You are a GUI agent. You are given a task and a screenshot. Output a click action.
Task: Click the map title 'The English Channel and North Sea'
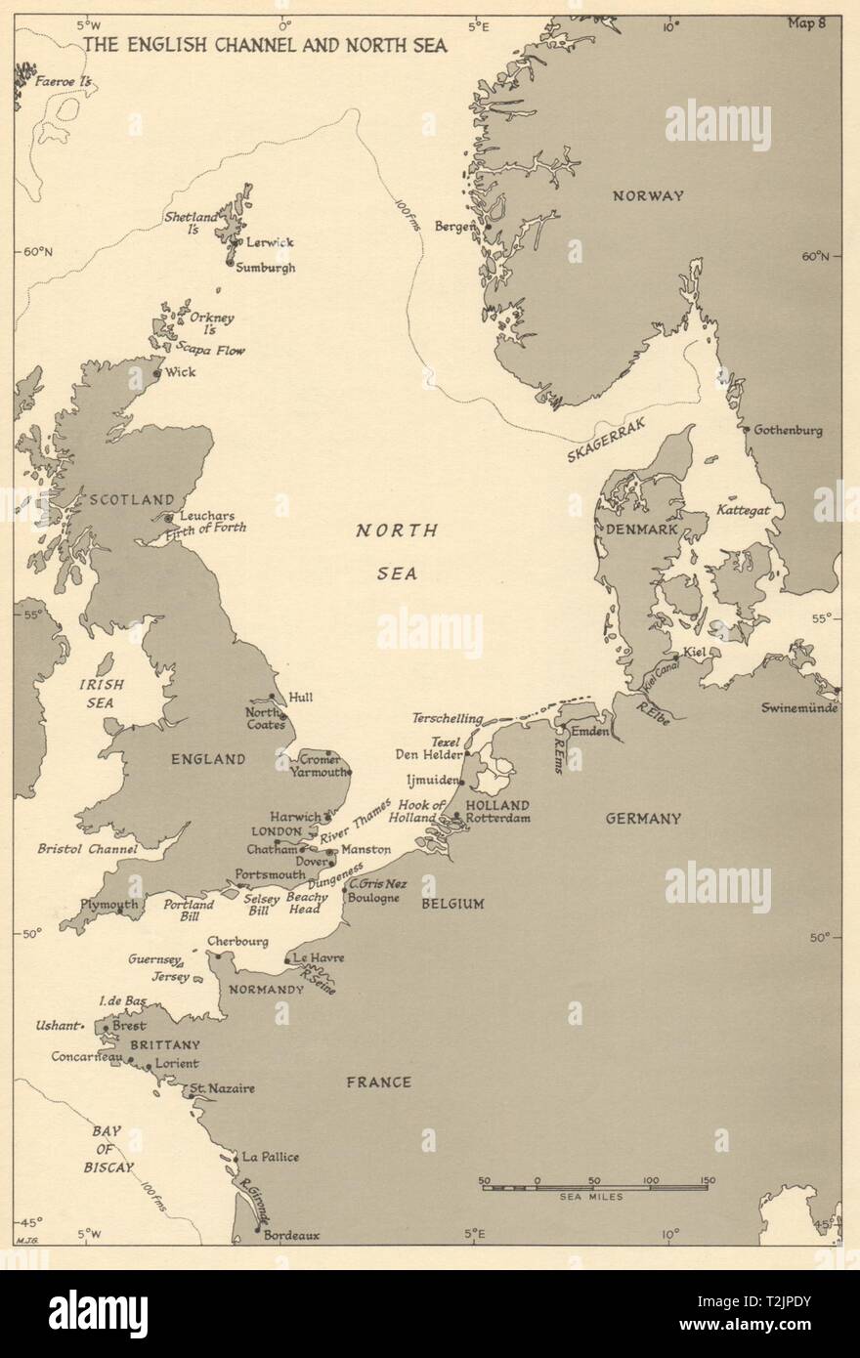click(x=260, y=44)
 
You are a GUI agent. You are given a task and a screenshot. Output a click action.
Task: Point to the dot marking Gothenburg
click(x=746, y=429)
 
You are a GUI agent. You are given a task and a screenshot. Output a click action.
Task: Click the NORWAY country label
click(x=674, y=195)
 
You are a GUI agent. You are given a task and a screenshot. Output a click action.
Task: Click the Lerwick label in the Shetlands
click(x=269, y=241)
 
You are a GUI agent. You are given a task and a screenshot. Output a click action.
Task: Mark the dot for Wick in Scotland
click(x=157, y=373)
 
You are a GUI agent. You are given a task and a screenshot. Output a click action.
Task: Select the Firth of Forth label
click(x=208, y=528)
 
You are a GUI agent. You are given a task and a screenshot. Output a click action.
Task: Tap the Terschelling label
click(x=447, y=718)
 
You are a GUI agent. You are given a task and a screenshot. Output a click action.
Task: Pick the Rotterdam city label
click(x=497, y=818)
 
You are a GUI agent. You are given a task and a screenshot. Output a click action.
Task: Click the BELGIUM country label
click(x=452, y=904)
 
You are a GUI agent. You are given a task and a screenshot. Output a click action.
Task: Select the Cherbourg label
click(x=237, y=941)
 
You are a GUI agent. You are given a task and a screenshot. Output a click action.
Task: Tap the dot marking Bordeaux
click(x=257, y=1230)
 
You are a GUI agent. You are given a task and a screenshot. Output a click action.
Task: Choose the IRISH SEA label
click(x=96, y=693)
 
